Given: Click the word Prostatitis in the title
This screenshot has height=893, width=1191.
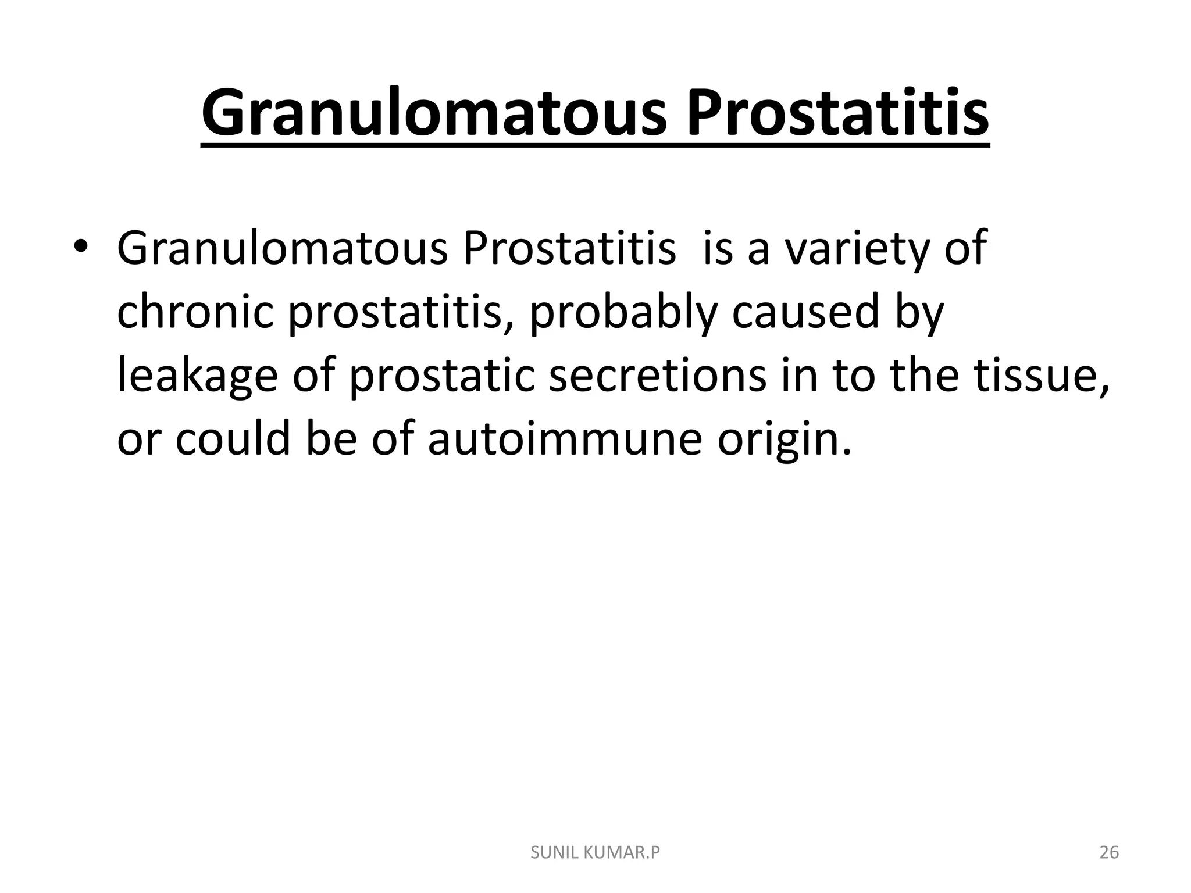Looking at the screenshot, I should tap(837, 113).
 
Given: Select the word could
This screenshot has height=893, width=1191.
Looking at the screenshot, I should tap(233, 438).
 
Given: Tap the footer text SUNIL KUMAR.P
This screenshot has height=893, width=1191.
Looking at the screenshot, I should tap(595, 853).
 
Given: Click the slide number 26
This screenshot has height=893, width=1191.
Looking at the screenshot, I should tap(1109, 853).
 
